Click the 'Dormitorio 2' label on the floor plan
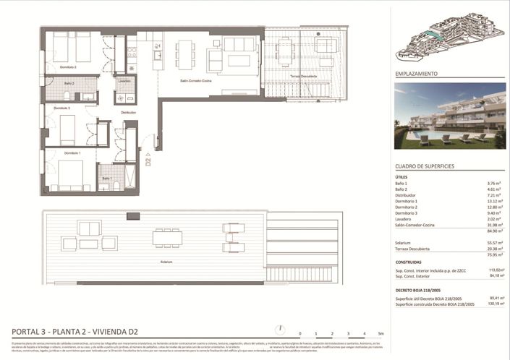(x=68, y=67)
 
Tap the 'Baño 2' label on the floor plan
(x=69, y=84)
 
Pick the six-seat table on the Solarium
(x=168, y=236)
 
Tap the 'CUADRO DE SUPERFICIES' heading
(x=425, y=166)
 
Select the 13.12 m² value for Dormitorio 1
(x=495, y=202)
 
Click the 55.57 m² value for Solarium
(x=495, y=243)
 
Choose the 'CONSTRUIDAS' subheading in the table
(x=409, y=262)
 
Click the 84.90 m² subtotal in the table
(x=495, y=233)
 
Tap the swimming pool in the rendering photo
(x=434, y=137)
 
